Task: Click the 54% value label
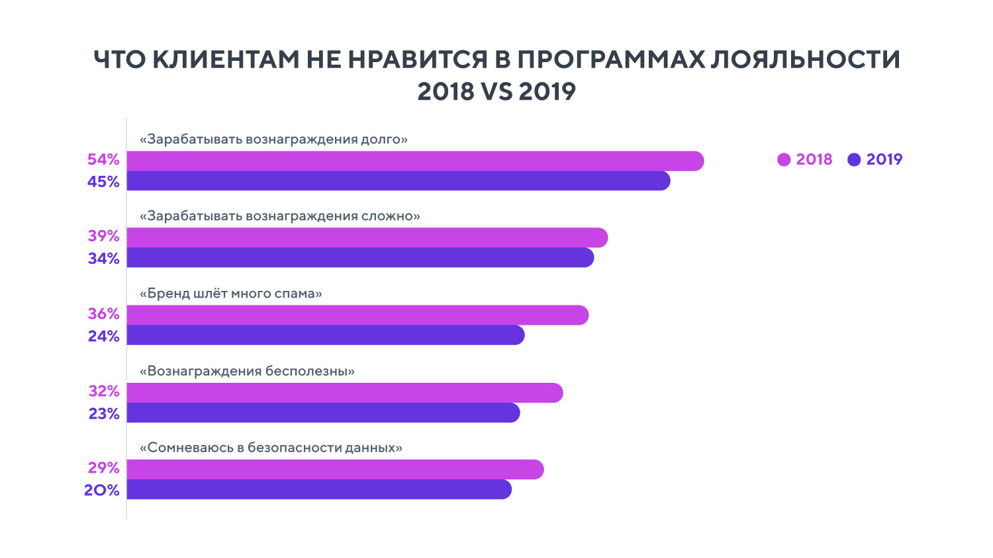[103, 160]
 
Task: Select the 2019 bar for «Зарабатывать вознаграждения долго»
[397, 181]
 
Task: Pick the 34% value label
[103, 259]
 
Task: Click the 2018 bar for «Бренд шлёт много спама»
[357, 315]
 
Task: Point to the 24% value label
[103, 337]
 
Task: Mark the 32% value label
[103, 391]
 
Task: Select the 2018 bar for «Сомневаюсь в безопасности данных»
[334, 469]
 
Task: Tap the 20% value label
[101, 491]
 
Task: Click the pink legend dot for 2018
[784, 160]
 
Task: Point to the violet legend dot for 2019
[854, 160]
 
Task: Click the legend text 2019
[884, 160]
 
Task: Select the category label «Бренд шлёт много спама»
[230, 294]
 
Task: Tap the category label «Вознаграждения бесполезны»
[247, 371]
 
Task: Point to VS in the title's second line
[496, 91]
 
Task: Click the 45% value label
[103, 182]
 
